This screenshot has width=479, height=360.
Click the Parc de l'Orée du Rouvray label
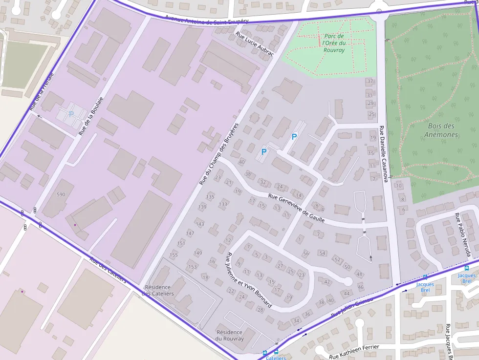tap(334, 43)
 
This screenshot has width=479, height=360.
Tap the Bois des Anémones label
tap(441, 130)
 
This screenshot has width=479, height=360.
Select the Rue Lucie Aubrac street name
tap(254, 44)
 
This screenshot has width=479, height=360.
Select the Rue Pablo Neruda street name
tap(462, 234)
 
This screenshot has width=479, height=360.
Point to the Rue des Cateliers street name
tap(108, 270)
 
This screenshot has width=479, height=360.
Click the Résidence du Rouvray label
tap(229, 335)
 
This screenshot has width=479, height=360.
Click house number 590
tap(61, 194)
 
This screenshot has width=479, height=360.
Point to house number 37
tap(370, 81)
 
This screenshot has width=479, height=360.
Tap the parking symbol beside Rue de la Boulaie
tap(71, 114)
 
